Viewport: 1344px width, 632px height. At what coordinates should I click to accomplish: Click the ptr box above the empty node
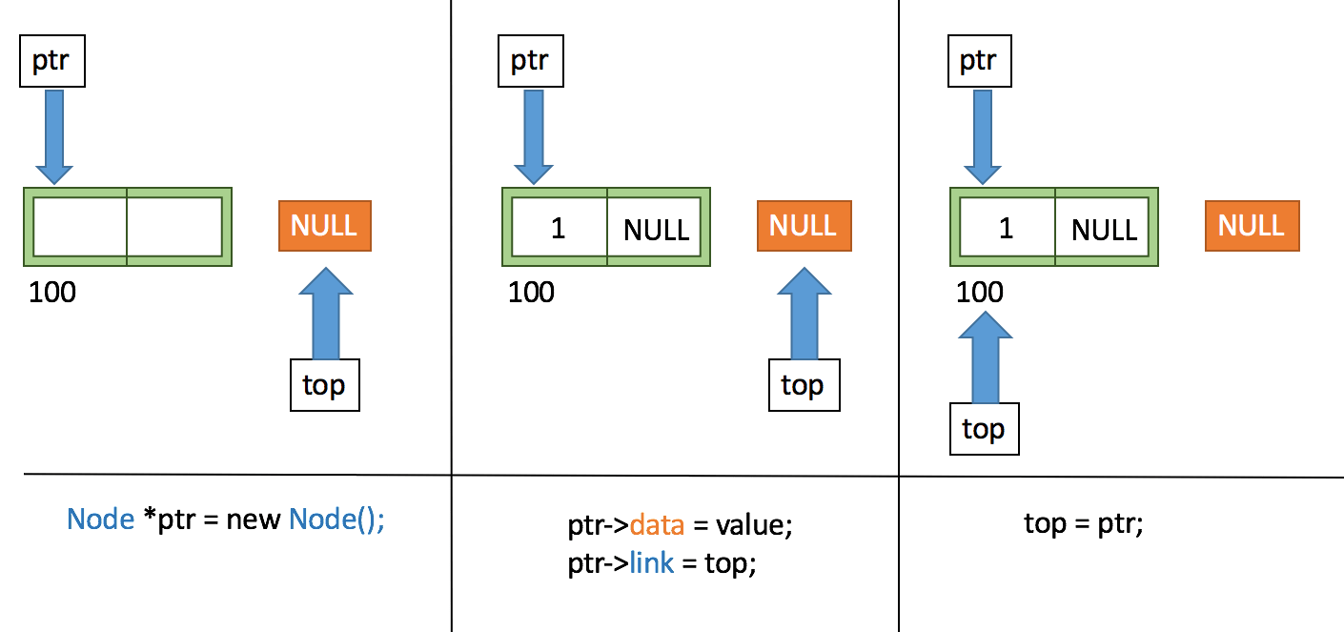coord(52,62)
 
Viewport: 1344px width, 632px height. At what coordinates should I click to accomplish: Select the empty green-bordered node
coord(128,227)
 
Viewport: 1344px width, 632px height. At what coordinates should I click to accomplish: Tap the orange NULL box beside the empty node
coord(324,226)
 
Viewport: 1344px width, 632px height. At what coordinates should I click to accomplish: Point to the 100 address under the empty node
coord(52,292)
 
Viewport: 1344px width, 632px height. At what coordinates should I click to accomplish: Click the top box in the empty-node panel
coord(324,385)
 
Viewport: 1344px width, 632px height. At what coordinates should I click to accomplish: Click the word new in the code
coord(254,520)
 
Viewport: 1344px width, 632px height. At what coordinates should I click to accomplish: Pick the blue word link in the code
coord(652,563)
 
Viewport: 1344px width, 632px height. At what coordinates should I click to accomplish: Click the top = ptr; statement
coord(1083,524)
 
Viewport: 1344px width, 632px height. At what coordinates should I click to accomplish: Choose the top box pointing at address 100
coord(984,429)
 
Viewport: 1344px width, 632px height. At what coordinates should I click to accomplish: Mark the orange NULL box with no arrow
coord(1252,226)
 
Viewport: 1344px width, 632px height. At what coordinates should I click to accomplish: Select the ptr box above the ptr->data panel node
coord(530,62)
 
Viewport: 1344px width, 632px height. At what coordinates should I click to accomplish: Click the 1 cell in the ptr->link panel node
coord(559,229)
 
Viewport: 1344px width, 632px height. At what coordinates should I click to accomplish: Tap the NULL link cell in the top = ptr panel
coord(1104,229)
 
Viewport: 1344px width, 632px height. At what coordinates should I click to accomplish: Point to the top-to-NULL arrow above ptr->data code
coord(804,313)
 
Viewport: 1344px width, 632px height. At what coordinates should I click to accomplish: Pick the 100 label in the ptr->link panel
coord(531,292)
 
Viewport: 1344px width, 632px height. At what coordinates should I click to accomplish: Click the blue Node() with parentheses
coord(336,520)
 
